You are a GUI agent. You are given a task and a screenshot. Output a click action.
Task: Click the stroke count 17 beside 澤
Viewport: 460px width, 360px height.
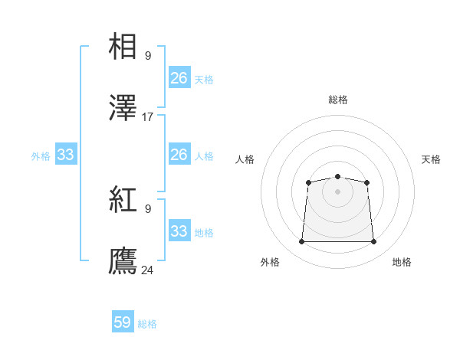click(x=148, y=117)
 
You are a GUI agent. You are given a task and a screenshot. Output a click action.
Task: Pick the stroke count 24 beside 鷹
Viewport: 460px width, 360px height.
click(x=148, y=270)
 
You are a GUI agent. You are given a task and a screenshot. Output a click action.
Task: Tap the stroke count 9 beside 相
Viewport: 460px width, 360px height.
click(x=148, y=55)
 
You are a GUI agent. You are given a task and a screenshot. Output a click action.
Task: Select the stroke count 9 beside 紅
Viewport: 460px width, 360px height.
click(x=148, y=208)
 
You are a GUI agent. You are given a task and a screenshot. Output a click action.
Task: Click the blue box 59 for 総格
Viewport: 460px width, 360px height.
click(x=123, y=322)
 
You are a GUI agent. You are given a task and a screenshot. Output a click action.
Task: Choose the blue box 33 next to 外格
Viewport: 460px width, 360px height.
click(x=65, y=155)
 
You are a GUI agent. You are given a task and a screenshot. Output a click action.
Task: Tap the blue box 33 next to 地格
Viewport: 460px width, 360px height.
click(x=179, y=231)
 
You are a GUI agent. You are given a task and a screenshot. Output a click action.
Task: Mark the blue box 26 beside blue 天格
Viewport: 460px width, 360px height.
click(x=179, y=78)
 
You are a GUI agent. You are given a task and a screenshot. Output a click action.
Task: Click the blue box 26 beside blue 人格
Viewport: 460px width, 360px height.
click(x=179, y=155)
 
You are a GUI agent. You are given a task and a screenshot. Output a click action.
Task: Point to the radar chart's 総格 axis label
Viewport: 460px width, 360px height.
click(x=337, y=100)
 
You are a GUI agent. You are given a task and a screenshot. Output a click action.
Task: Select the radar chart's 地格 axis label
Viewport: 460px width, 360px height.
click(x=402, y=262)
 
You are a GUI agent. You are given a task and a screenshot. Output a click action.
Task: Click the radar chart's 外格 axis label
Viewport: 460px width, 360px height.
click(x=270, y=262)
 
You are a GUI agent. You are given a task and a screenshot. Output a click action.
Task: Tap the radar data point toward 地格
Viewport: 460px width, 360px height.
click(x=373, y=242)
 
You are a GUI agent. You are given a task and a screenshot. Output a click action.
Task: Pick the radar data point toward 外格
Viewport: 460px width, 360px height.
click(x=301, y=242)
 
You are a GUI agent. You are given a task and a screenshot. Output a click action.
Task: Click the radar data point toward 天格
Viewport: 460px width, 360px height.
click(x=366, y=182)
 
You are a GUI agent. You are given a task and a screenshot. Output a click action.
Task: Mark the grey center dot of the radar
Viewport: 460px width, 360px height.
click(x=337, y=191)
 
